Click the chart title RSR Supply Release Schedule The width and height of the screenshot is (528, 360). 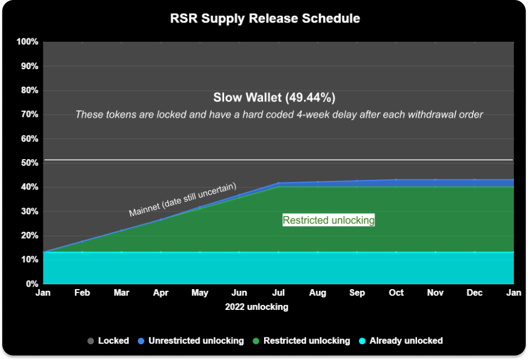265,19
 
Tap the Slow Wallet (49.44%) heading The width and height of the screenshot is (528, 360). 275,97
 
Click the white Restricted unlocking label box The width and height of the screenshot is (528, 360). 329,220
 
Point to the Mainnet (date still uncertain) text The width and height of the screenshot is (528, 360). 183,200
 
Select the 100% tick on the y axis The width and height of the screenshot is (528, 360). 28,42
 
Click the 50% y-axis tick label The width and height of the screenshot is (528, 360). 30,163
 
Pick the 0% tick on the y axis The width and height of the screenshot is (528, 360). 32,283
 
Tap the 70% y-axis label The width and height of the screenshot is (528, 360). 30,114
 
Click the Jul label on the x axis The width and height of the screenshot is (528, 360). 279,292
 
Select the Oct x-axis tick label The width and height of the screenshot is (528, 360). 396,292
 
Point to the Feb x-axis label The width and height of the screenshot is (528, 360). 82,292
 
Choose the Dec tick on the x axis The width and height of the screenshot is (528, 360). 475,292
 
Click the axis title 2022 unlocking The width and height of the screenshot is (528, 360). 257,307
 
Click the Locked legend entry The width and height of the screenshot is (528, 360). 108,341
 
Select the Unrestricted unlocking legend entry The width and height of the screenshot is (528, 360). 191,341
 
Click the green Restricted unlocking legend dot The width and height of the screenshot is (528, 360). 256,341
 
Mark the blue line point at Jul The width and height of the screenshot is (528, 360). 279,183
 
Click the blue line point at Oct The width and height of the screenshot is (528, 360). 396,180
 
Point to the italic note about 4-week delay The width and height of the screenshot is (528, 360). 279,115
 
